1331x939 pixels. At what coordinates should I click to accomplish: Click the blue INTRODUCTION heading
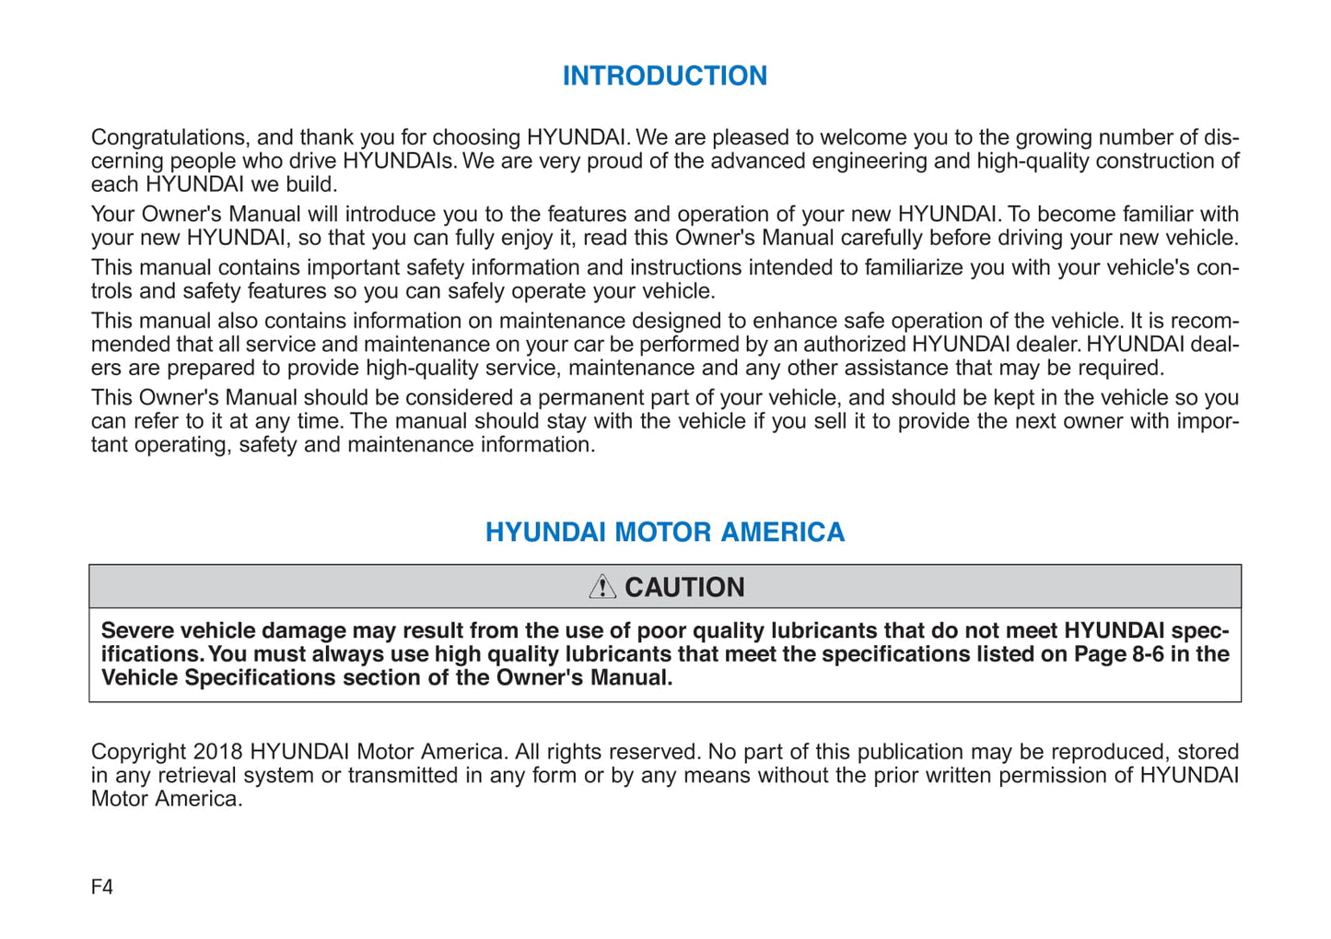tap(664, 76)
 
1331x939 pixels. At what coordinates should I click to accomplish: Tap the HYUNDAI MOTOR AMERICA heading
tap(664, 532)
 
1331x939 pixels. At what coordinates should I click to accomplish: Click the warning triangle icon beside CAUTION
tap(602, 586)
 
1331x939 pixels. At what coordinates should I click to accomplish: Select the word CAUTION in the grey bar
tap(684, 587)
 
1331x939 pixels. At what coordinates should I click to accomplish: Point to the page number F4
tap(102, 886)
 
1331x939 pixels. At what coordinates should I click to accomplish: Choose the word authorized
tap(856, 345)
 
